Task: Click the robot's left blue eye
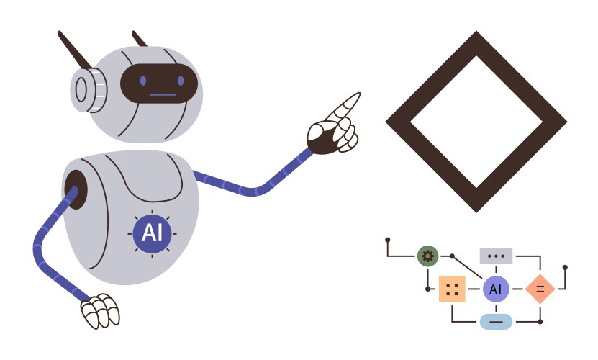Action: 143,81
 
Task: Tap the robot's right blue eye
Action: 177,81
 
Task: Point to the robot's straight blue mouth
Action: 162,94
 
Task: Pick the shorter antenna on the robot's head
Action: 140,39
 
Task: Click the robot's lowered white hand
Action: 99,310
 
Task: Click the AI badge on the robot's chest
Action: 152,233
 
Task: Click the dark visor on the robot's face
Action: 158,84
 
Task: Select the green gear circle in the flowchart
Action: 427,256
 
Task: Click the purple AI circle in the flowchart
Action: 495,289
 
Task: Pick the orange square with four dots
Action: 452,289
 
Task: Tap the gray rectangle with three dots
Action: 496,256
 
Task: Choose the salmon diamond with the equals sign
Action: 539,289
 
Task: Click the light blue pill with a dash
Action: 496,321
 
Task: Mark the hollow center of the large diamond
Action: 476,121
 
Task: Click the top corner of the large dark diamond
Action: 476,36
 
